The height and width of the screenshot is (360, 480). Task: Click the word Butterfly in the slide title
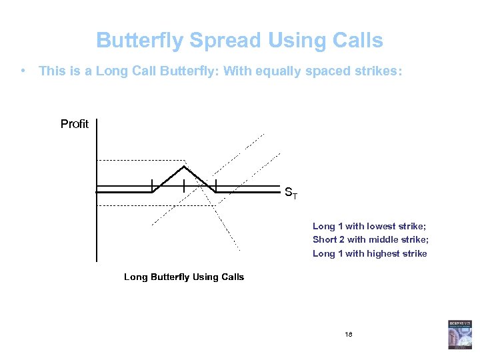pos(140,41)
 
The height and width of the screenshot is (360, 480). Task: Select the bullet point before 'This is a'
pos(23,70)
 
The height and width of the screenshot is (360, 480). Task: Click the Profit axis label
pos(74,124)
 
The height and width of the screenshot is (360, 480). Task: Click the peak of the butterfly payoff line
pos(184,166)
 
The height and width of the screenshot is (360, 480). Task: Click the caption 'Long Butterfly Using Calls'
pos(184,277)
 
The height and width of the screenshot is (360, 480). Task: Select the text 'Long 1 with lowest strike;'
pos(369,227)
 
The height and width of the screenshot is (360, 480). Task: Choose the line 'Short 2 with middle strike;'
pos(370,240)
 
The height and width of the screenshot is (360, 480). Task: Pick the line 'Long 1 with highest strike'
pos(369,253)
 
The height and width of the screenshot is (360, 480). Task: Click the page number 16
pos(349,333)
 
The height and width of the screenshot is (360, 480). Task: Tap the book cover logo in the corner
pos(459,334)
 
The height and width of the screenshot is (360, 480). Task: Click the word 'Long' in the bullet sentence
pos(111,71)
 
